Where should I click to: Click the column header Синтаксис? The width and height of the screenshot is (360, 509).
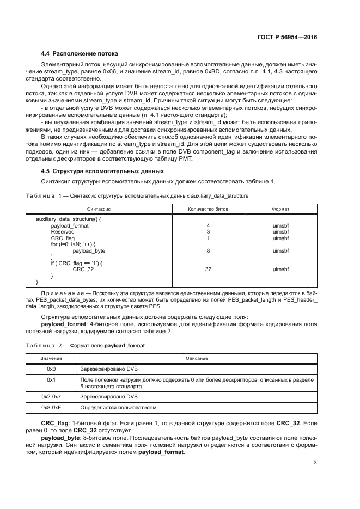[x=99, y=208]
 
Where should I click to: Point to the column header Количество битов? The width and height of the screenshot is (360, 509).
[x=208, y=208]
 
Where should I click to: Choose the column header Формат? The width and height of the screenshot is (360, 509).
[x=280, y=208]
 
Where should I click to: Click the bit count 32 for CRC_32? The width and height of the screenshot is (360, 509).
[x=208, y=269]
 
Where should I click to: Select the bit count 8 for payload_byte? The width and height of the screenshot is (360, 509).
[x=208, y=250]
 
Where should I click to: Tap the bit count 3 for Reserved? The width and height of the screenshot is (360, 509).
[x=208, y=231]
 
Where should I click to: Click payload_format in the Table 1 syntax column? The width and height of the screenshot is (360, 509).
[x=69, y=225]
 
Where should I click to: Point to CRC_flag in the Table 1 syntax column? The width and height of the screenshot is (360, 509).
[x=63, y=238]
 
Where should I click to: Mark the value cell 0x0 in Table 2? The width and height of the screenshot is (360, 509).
[x=52, y=369]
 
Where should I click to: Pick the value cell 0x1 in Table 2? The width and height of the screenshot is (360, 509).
[x=52, y=379]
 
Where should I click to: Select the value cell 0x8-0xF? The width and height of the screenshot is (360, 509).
[x=52, y=407]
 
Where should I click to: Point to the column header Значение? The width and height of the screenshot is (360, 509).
[x=52, y=358]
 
